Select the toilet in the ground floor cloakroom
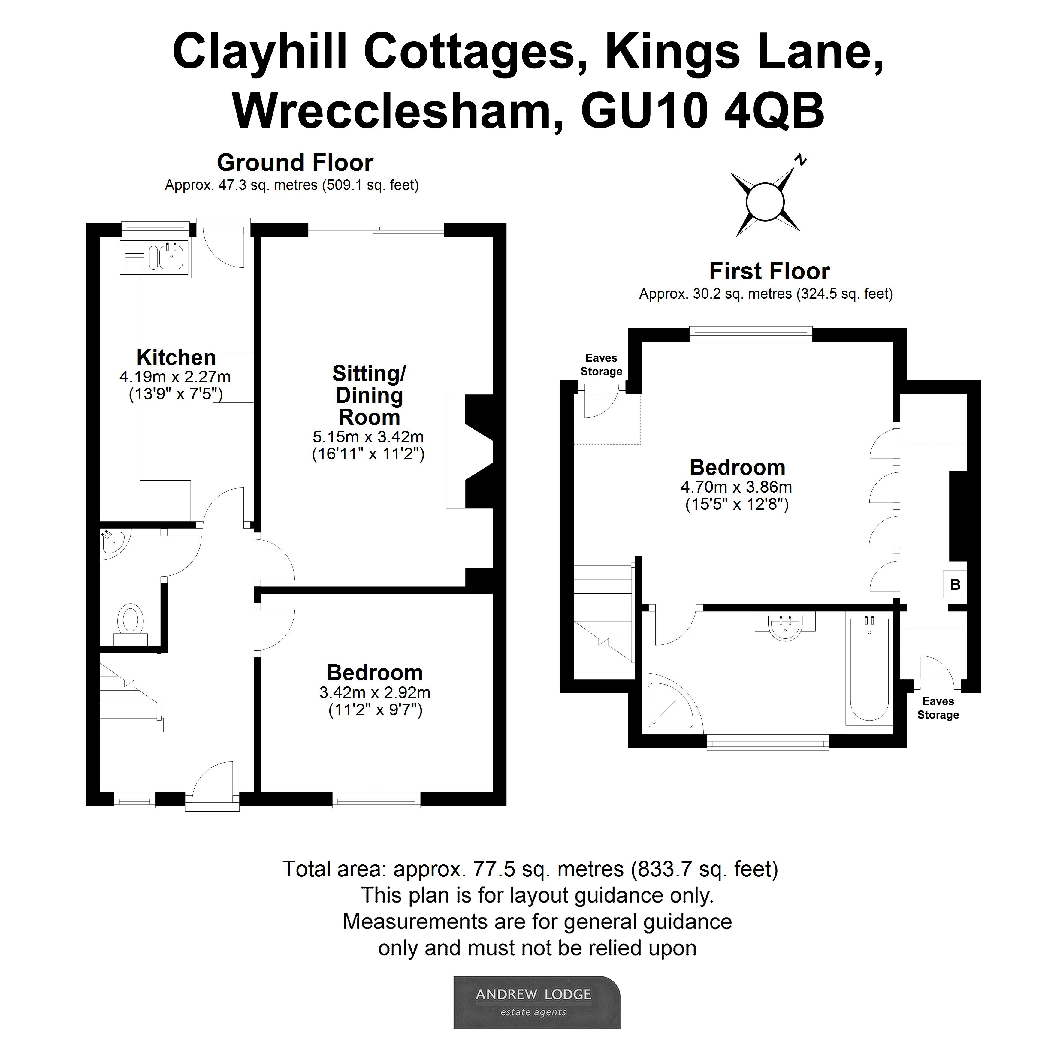click(131, 621)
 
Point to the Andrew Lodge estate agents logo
click(536, 1002)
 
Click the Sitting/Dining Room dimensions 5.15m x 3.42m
click(368, 437)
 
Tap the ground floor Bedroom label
click(375, 673)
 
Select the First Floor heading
click(769, 271)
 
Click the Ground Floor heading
click(295, 163)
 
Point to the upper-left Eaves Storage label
click(601, 365)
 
